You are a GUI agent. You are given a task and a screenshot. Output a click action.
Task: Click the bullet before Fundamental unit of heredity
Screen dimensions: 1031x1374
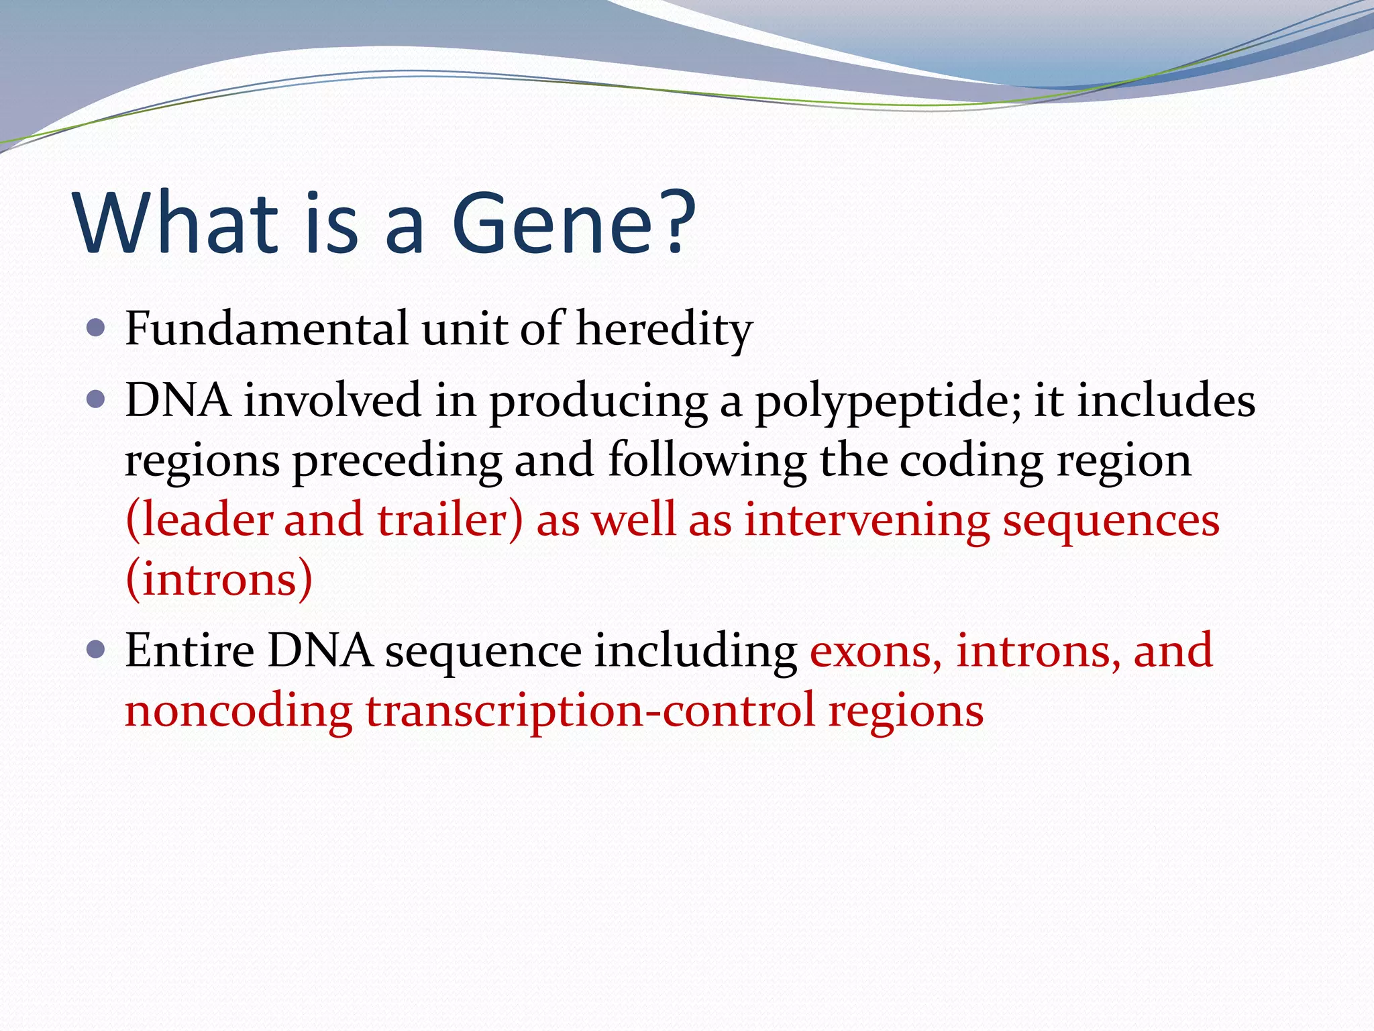point(97,328)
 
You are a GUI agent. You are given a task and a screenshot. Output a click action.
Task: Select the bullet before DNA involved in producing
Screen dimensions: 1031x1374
point(97,400)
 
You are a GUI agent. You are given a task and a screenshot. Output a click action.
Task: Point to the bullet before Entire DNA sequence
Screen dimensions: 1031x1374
point(97,650)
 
